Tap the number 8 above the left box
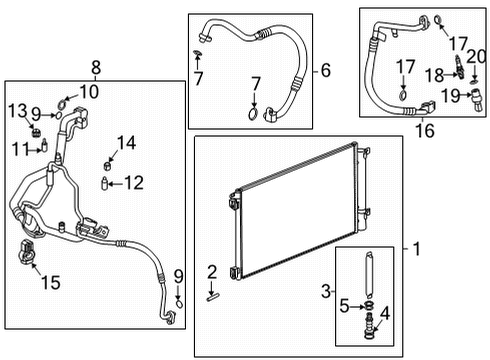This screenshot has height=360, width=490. (96, 69)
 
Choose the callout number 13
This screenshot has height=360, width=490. (19, 108)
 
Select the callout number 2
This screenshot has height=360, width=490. (212, 271)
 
